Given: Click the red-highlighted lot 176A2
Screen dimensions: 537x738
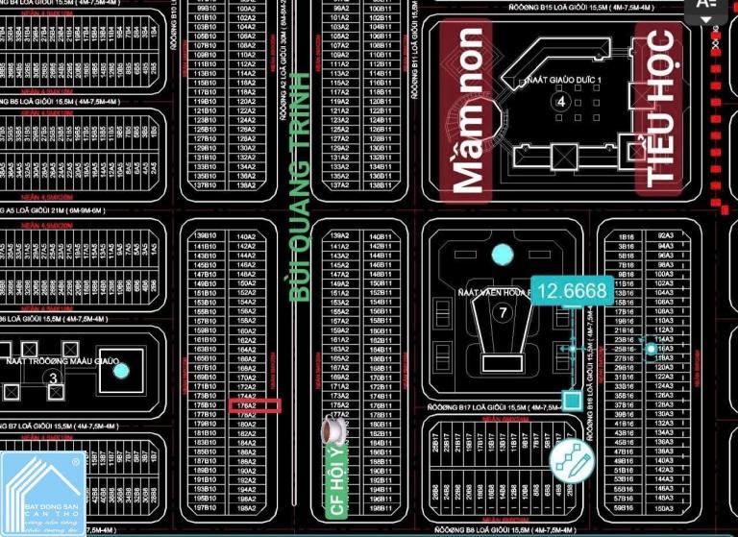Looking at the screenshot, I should coord(246,405).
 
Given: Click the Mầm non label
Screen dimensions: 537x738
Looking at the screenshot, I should coord(468,110).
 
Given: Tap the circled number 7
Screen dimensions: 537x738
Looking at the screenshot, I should coord(502,312).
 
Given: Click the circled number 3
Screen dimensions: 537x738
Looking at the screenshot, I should coord(54,378).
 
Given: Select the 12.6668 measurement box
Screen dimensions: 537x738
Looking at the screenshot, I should coord(573,291).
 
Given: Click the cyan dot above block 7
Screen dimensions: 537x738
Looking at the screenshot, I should coord(502,255).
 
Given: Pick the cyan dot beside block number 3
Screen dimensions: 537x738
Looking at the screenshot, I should coord(119,370).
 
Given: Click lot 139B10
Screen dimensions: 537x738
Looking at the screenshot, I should coord(204,235).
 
